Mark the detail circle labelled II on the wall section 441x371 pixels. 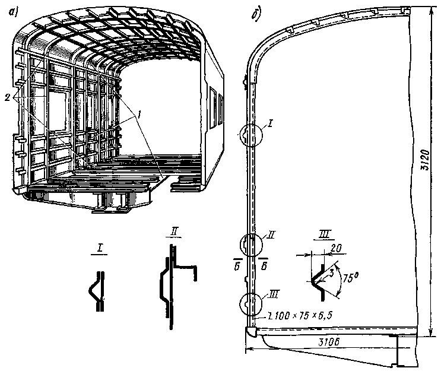tap(250, 245)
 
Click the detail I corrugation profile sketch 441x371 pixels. tap(97, 289)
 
